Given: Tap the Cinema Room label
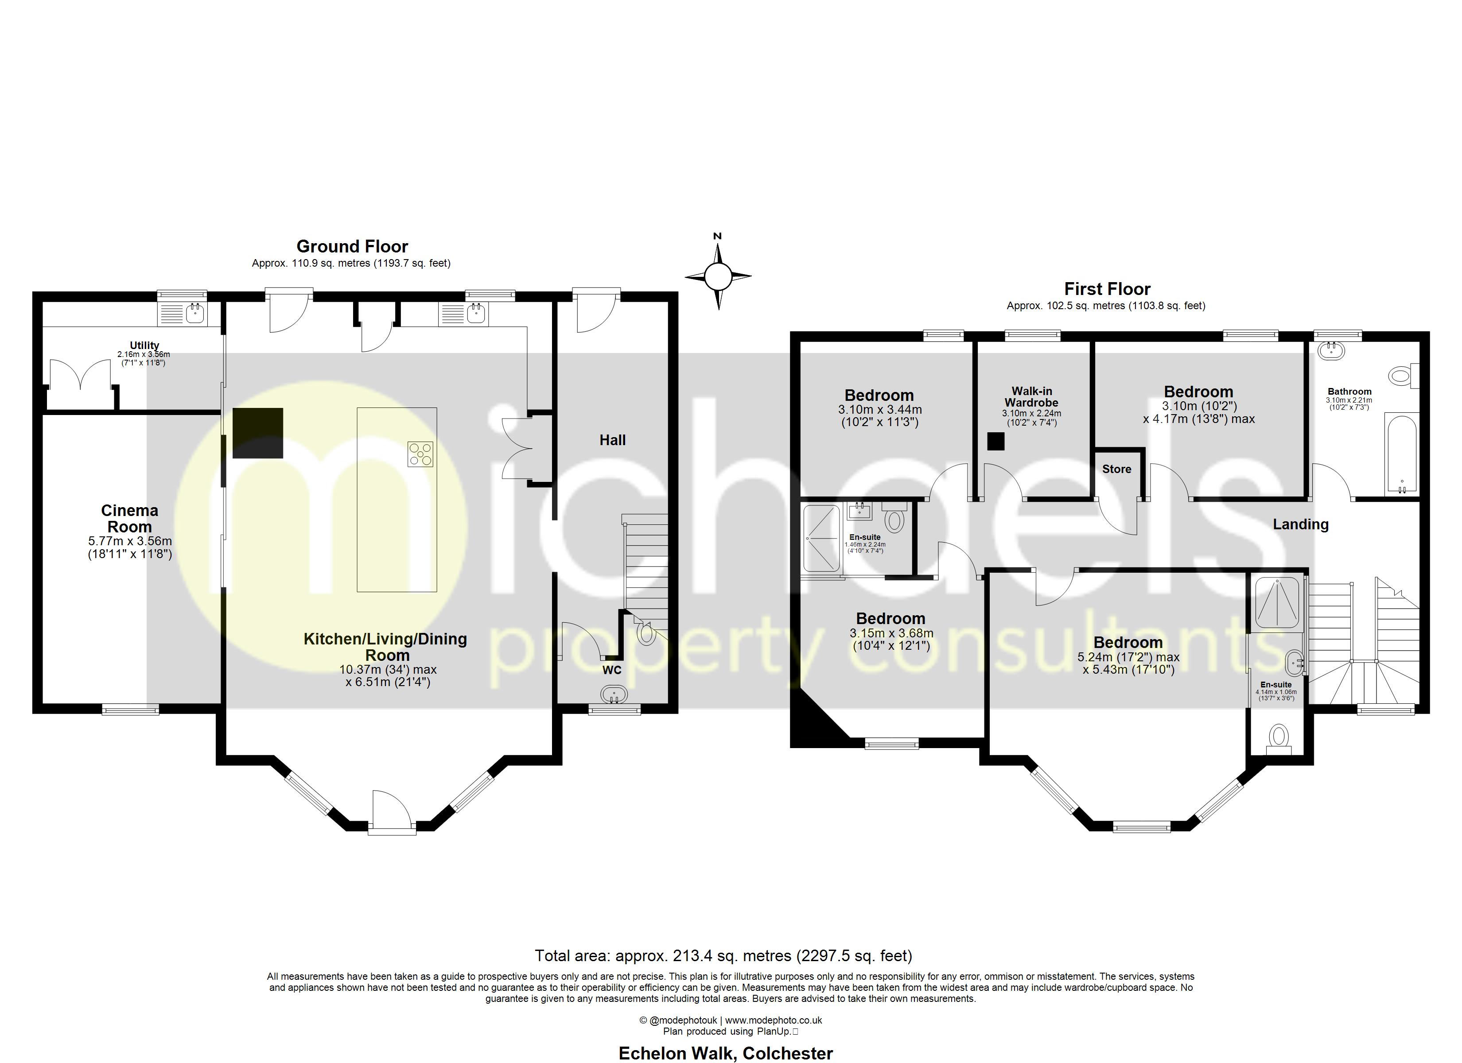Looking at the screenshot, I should (129, 518).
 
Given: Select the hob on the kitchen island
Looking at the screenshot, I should (420, 454).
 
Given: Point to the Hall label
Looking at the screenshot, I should (612, 440).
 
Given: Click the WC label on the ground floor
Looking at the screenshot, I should (612, 670).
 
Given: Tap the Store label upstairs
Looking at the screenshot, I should (1116, 469).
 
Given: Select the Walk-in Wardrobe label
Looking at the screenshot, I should (1031, 396).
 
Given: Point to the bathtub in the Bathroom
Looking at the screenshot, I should (1401, 454).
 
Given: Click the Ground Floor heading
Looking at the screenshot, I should (352, 246).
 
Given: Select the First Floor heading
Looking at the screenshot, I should (1107, 289).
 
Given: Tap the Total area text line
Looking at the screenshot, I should (723, 955).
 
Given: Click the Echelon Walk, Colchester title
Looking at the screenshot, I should (725, 1053).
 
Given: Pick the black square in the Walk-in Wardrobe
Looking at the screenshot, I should (996, 441).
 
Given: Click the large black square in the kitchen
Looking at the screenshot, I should (258, 433).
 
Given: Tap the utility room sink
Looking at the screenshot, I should (194, 314).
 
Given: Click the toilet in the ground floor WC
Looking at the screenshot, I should (645, 632).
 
